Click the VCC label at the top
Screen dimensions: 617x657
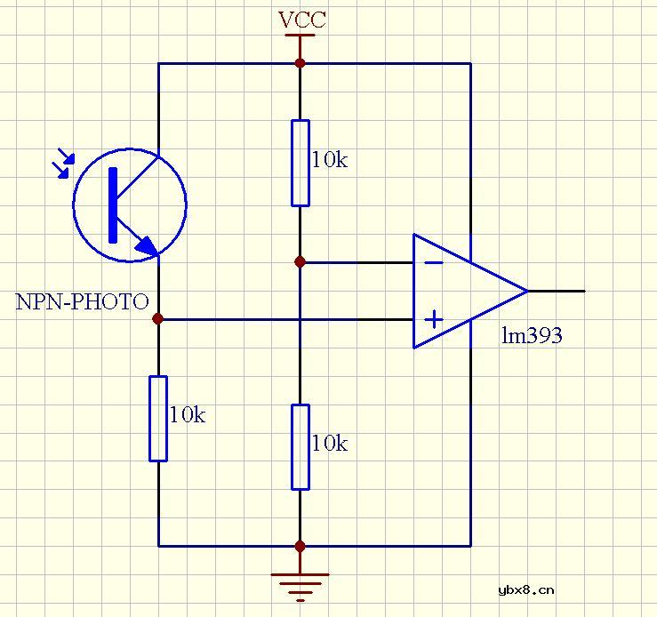tap(302, 20)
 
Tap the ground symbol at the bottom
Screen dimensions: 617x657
tap(300, 583)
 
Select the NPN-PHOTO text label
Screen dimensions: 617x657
tap(82, 301)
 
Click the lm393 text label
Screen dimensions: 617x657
tap(532, 335)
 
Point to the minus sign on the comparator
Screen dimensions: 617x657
tap(434, 262)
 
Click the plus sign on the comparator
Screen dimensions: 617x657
tap(434, 318)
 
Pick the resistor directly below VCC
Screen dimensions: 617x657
tap(300, 164)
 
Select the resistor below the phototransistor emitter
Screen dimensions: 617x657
tap(158, 418)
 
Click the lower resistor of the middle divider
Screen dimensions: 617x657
tap(300, 446)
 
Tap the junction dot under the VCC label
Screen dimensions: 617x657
tap(300, 63)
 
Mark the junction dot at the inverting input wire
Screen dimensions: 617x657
tap(300, 262)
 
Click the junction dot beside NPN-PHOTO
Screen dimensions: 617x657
tap(158, 318)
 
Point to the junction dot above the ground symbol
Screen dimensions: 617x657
tap(300, 546)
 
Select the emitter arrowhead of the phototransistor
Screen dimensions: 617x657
tap(147, 246)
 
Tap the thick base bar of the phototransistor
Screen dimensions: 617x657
tap(114, 204)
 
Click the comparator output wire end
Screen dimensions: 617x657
tap(583, 291)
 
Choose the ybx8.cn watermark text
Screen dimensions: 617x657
tap(526, 589)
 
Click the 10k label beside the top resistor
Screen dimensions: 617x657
tap(329, 160)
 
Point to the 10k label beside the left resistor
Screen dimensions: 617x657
tap(187, 414)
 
